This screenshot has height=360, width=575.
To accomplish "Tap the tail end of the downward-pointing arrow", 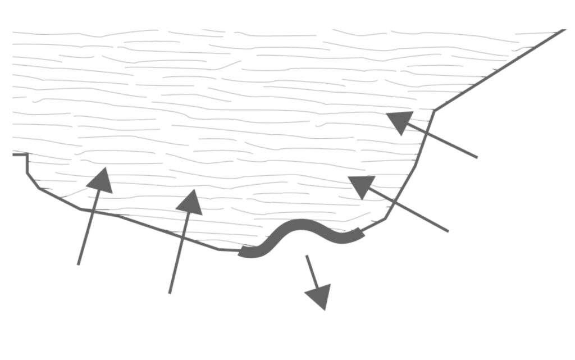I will point(307,256).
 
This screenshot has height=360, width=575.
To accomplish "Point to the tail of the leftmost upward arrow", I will point(79,264).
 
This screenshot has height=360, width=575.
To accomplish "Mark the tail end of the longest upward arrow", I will point(170,293).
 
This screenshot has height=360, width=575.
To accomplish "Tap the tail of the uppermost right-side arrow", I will point(477,157).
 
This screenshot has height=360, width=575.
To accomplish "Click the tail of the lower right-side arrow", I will point(448,230).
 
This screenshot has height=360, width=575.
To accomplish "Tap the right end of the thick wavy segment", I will point(363,232).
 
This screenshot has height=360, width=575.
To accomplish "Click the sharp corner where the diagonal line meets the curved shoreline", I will point(434,110).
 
